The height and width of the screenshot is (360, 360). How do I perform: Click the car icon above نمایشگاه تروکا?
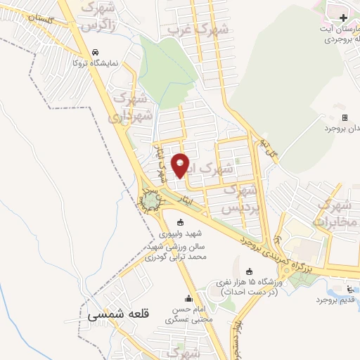[96, 53]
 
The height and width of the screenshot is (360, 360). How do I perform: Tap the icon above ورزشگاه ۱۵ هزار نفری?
[250, 272]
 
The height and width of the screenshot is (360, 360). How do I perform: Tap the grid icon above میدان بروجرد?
[345, 117]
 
